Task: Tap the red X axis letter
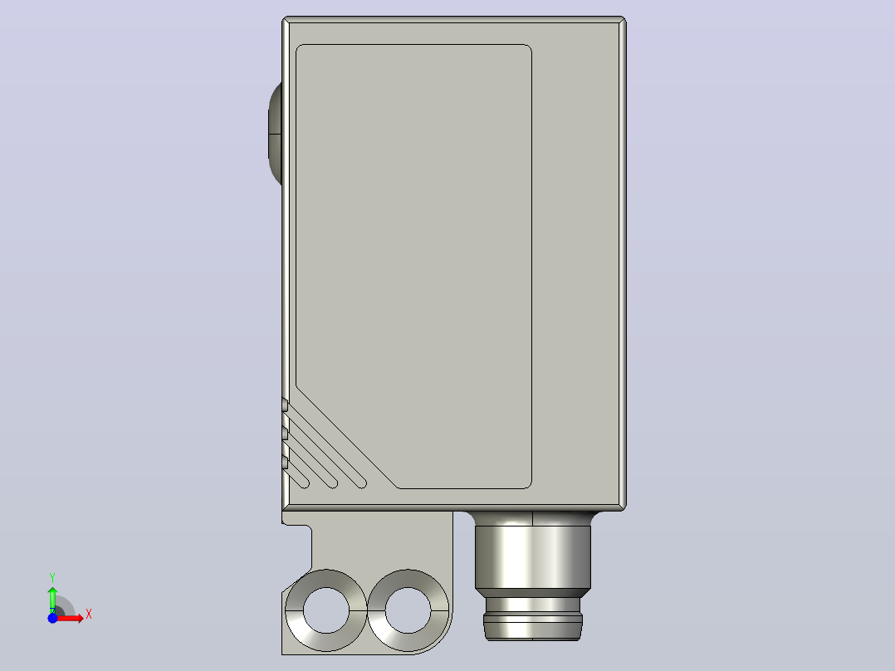[89, 615]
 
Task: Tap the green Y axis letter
[52, 578]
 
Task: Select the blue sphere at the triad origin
[52, 618]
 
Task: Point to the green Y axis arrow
[52, 599]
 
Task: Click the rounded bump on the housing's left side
[275, 134]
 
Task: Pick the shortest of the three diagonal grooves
[296, 478]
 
